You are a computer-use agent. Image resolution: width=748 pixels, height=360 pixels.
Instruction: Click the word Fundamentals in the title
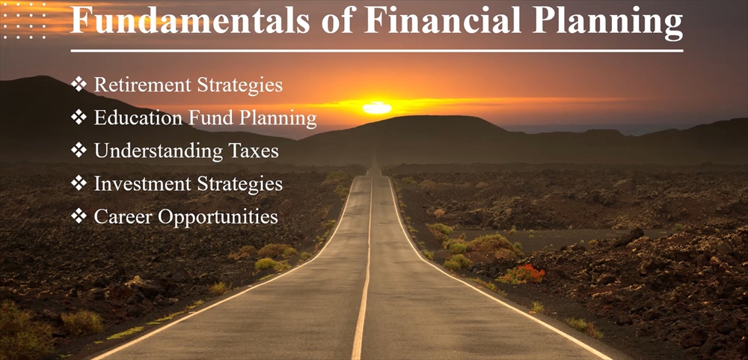(x=190, y=20)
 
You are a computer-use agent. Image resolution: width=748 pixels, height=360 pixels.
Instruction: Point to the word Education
(x=138, y=118)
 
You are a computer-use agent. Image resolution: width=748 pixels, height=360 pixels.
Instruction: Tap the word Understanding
(x=159, y=152)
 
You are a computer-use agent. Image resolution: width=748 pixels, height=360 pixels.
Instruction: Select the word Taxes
(x=254, y=151)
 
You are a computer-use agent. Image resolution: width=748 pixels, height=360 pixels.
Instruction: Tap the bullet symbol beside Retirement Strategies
(x=79, y=84)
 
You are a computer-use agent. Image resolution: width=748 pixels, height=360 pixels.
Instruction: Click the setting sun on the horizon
(x=377, y=108)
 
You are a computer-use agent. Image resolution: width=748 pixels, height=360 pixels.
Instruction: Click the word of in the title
(x=338, y=20)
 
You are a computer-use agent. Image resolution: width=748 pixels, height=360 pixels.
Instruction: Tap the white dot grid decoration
(x=25, y=21)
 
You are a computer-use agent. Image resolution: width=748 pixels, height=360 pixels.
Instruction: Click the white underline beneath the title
(x=377, y=50)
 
